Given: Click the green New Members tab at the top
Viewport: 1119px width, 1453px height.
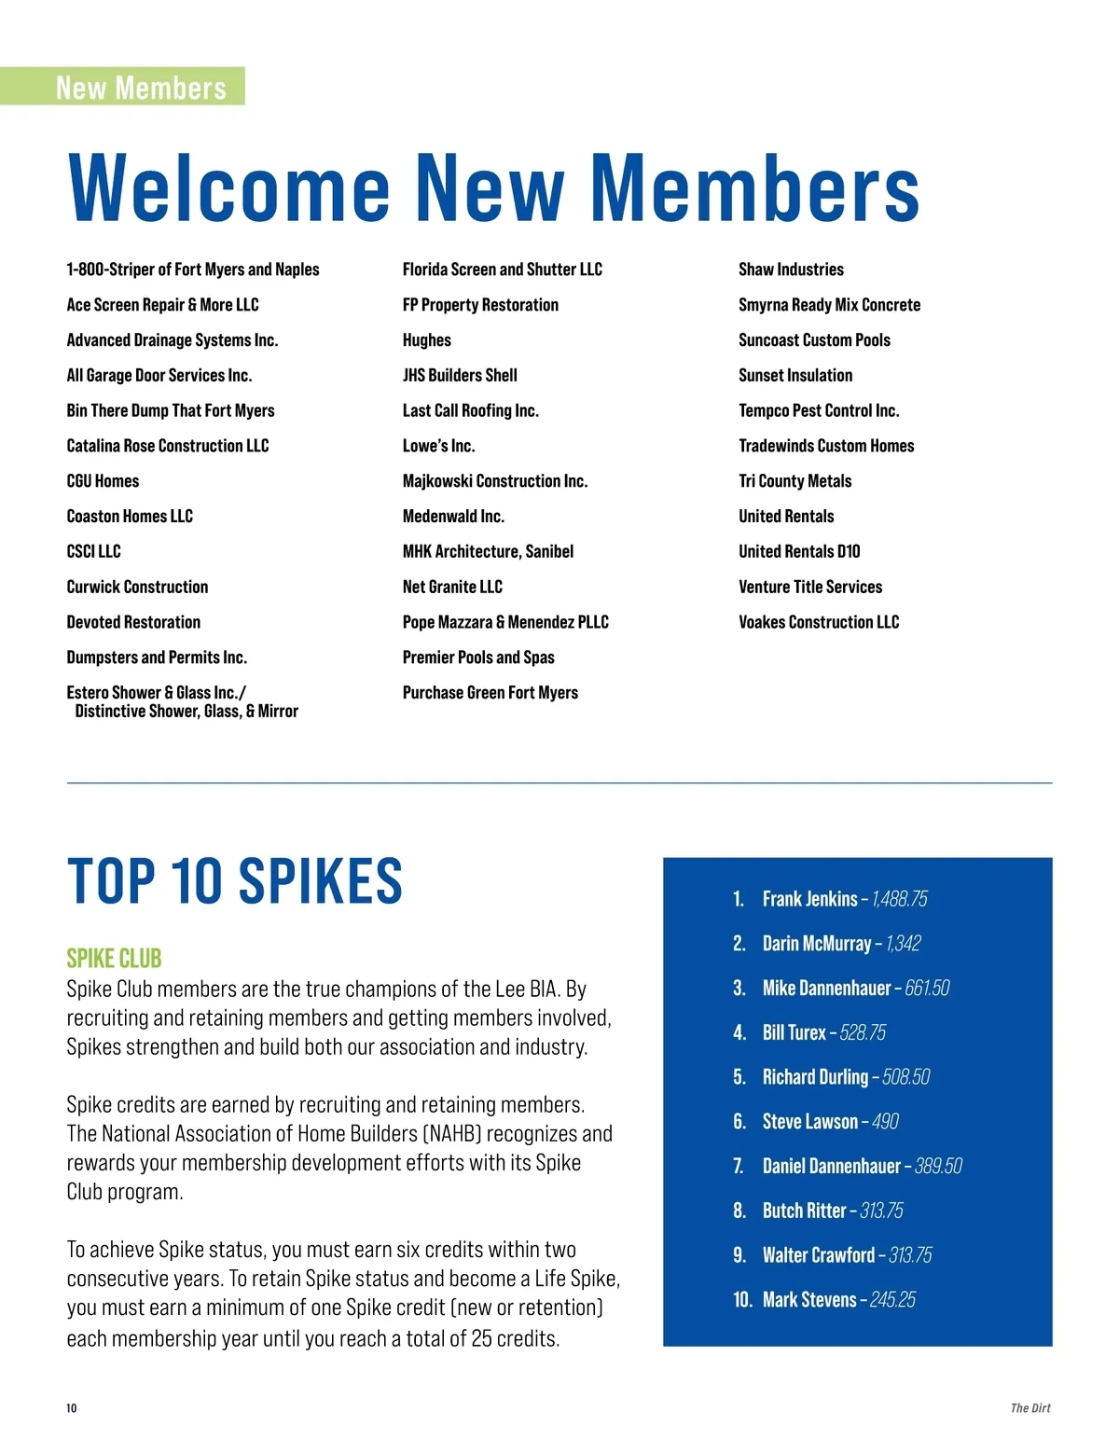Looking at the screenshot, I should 140,87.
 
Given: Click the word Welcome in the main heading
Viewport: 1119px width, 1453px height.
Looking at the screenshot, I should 229,188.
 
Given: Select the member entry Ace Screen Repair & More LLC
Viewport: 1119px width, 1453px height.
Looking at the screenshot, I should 162,305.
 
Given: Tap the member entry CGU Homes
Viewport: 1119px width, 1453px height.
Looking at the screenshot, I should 103,481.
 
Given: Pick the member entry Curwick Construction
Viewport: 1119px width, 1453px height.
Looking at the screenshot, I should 137,587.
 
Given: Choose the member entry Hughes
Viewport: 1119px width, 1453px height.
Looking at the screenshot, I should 426,340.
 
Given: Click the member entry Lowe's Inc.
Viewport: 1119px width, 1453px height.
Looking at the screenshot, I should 438,446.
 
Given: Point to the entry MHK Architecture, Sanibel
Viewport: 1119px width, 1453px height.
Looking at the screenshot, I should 488,551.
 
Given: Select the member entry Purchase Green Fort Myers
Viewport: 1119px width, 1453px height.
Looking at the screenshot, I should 490,693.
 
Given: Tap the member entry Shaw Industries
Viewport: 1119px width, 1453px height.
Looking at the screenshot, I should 791,270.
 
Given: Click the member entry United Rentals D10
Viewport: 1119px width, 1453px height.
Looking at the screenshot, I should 799,551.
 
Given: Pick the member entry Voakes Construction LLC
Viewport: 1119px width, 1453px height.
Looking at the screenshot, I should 819,622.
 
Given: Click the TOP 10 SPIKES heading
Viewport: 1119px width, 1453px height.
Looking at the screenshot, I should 234,881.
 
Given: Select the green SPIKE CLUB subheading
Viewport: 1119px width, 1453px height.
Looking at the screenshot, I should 114,959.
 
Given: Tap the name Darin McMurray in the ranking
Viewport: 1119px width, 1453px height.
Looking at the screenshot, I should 816,944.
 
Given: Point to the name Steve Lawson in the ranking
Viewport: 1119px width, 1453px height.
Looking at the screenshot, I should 809,1122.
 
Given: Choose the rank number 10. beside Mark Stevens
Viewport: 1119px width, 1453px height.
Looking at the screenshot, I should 742,1300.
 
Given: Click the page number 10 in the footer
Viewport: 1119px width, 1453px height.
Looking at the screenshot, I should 72,1408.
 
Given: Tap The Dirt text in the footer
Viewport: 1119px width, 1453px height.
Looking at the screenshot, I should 1029,1408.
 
